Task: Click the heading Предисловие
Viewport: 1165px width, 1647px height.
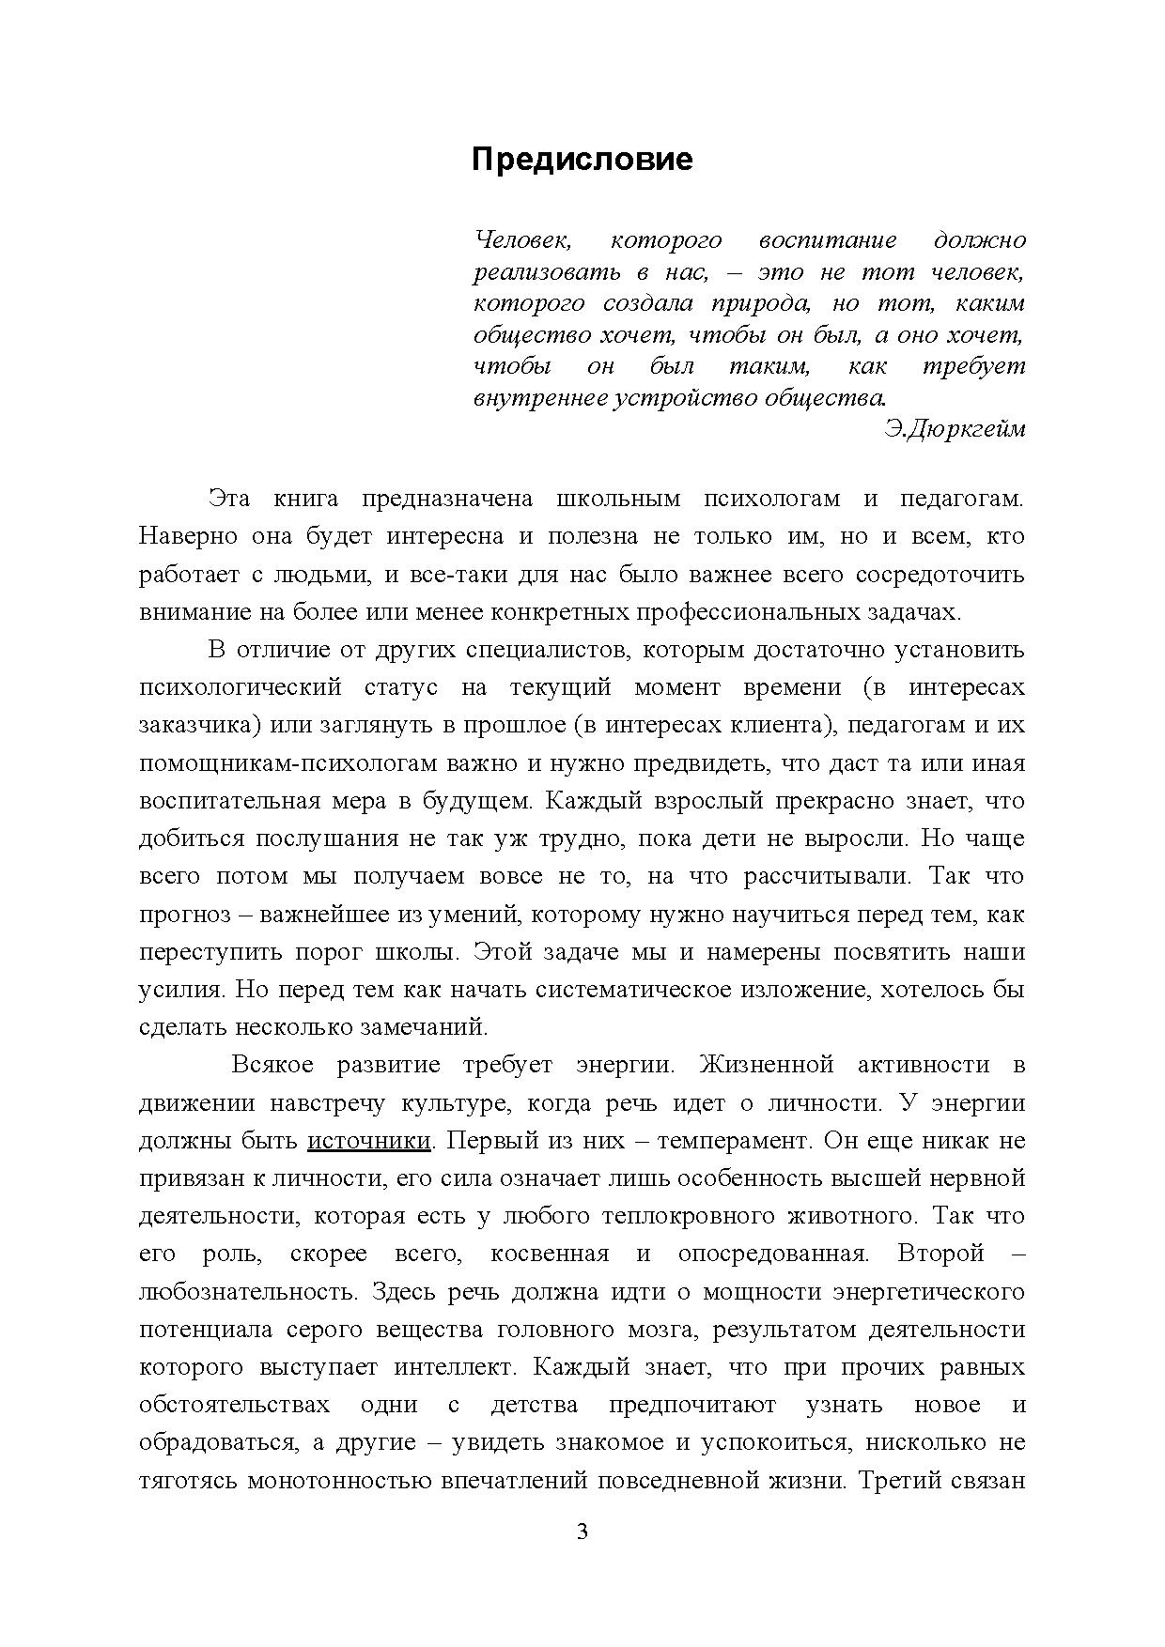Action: point(582,160)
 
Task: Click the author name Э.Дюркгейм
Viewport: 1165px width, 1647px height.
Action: point(955,429)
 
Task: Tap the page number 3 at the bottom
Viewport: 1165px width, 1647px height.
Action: point(582,1532)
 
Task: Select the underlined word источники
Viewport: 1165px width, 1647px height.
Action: point(369,1141)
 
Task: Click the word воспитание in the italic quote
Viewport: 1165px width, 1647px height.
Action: point(827,240)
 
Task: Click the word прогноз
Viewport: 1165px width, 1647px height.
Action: point(183,915)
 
